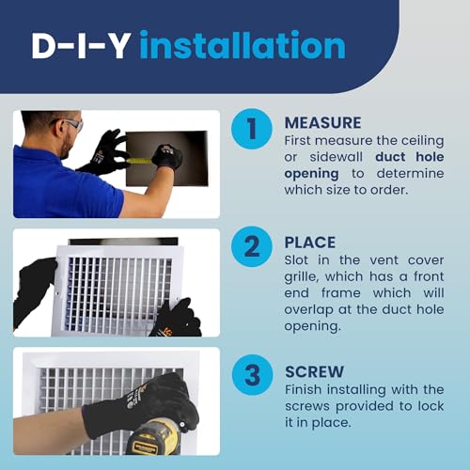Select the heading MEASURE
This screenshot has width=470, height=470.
click(x=323, y=122)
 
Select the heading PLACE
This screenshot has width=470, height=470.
click(x=310, y=242)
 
